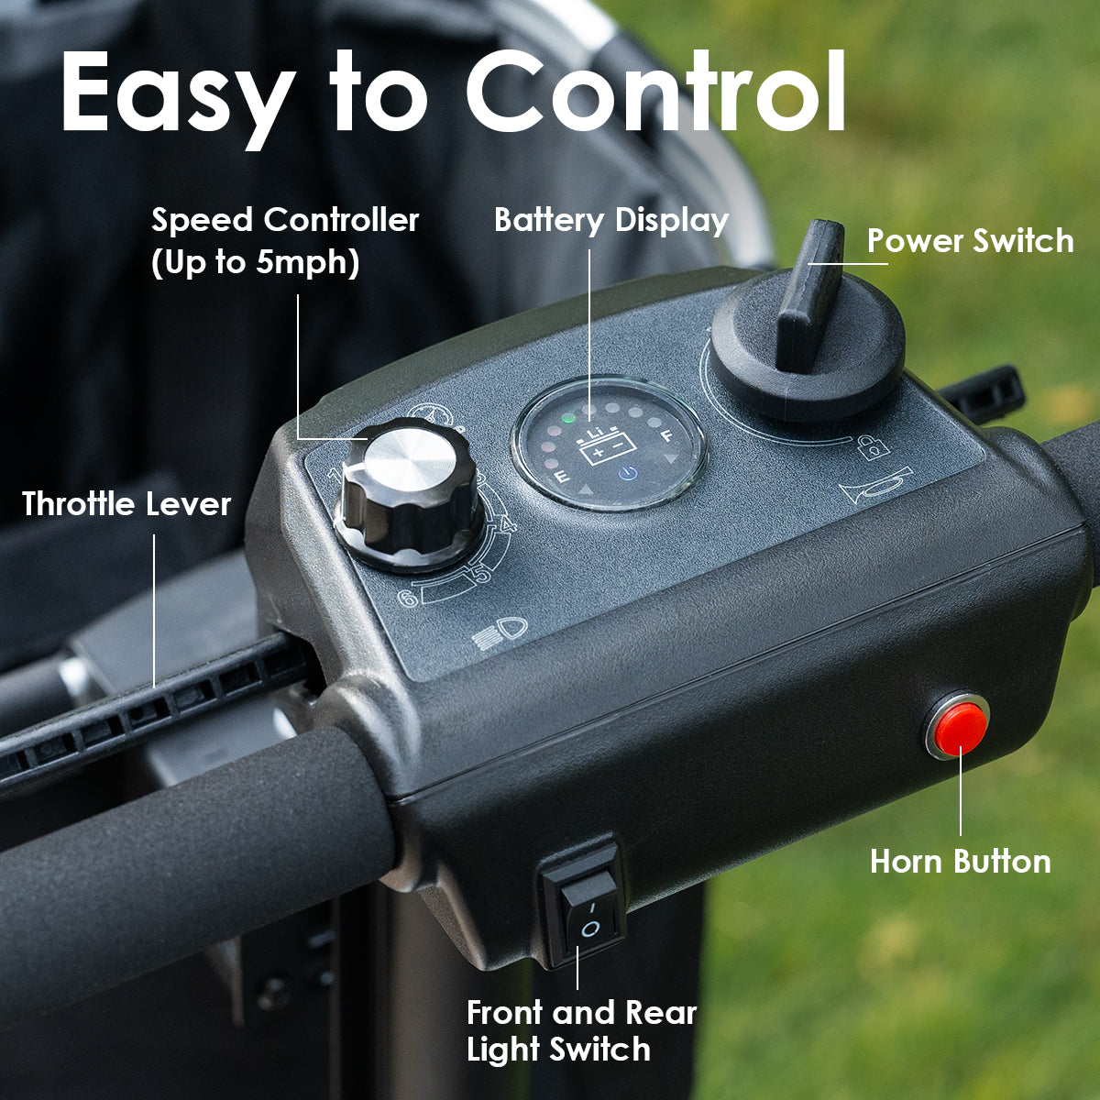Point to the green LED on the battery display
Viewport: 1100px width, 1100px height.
[568, 418]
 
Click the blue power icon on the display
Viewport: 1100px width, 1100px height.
[627, 473]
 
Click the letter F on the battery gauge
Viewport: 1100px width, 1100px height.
[666, 436]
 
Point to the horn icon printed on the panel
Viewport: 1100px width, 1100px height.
[875, 486]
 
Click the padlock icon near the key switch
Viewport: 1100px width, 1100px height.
[869, 447]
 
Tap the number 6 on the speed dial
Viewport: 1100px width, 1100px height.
[408, 598]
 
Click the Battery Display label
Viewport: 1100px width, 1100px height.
[611, 220]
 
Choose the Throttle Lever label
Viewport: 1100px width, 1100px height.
[126, 504]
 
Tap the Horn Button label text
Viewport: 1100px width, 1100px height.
[960, 862]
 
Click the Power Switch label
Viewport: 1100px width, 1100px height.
[971, 241]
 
